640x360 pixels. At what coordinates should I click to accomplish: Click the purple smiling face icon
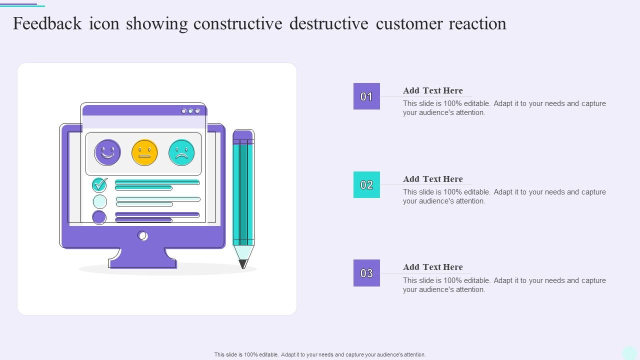[107, 152]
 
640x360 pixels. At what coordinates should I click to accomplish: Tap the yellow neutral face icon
[144, 152]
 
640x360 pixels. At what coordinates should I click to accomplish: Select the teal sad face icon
[181, 152]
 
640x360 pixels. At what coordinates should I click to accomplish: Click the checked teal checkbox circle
[99, 185]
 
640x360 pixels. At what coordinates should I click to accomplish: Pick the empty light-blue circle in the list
[100, 201]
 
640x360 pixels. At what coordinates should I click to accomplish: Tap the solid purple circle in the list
[99, 217]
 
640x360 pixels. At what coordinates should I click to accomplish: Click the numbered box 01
[366, 96]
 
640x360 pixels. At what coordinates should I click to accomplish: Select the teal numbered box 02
[366, 184]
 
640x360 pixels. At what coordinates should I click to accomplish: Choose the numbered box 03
[366, 273]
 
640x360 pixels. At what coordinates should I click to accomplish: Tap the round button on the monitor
[142, 235]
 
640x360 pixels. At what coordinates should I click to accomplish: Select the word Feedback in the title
[47, 23]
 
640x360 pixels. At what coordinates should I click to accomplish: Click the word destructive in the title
[329, 23]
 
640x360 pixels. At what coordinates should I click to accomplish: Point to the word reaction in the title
[477, 24]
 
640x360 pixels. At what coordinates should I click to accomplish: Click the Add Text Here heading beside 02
[433, 179]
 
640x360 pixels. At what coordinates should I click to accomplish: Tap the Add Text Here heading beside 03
[433, 267]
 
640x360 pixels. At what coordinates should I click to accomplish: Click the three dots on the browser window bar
[190, 111]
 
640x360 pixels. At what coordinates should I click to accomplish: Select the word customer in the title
[408, 24]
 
